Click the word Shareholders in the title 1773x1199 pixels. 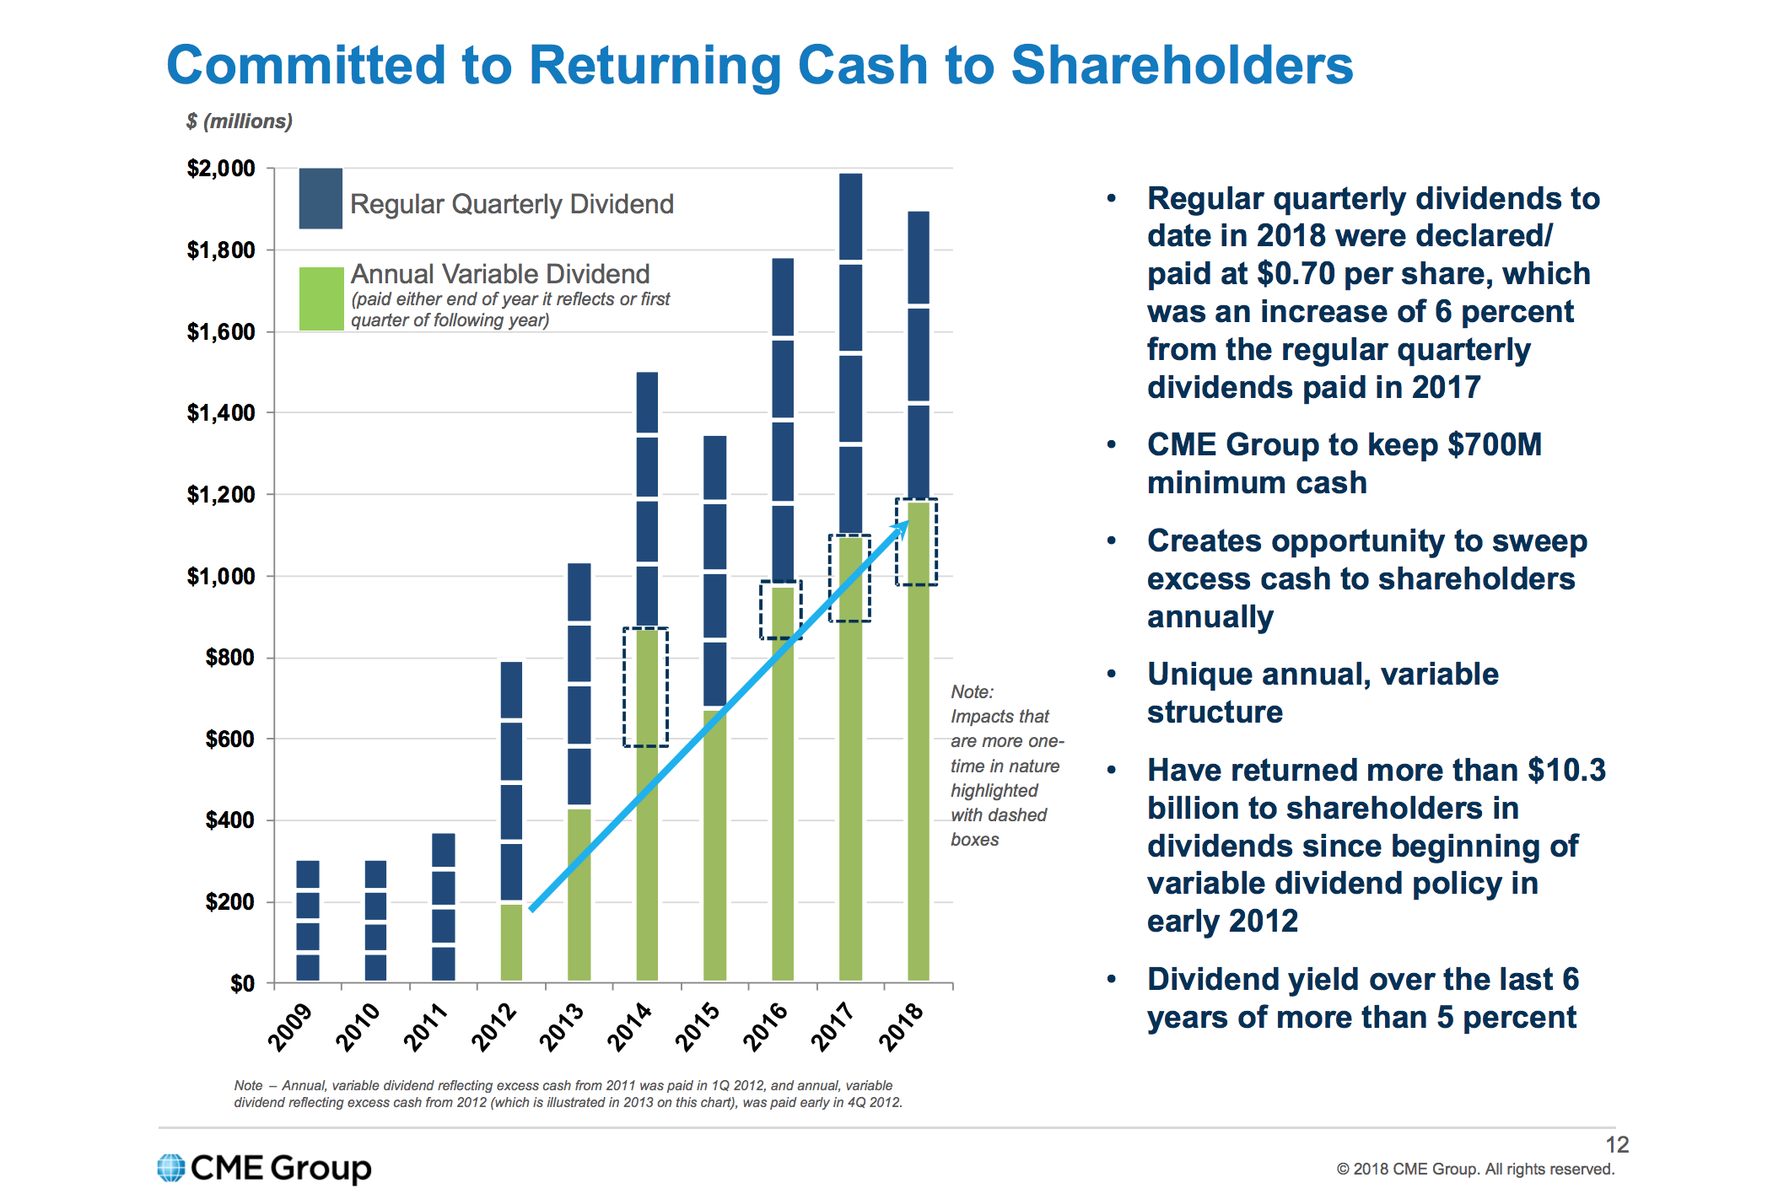click(x=1181, y=66)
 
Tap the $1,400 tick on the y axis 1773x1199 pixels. click(x=221, y=412)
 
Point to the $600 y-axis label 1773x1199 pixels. click(x=229, y=739)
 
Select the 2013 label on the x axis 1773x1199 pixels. click(x=562, y=1026)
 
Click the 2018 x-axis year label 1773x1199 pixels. click(x=902, y=1026)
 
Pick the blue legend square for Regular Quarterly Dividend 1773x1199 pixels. click(x=321, y=199)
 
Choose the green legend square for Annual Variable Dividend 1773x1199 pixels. click(x=321, y=298)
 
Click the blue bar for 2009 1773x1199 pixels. click(x=308, y=921)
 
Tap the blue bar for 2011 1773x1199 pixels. click(x=444, y=906)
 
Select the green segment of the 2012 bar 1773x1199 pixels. click(x=511, y=943)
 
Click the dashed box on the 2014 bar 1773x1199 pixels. click(x=646, y=686)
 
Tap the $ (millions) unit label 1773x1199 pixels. click(x=240, y=121)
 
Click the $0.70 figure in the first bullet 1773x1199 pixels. click(x=1291, y=274)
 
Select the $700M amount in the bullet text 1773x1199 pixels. click(x=1494, y=444)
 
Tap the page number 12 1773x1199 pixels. click(x=1616, y=1144)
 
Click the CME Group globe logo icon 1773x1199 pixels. click(x=171, y=1168)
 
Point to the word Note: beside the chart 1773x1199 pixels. click(x=972, y=691)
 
